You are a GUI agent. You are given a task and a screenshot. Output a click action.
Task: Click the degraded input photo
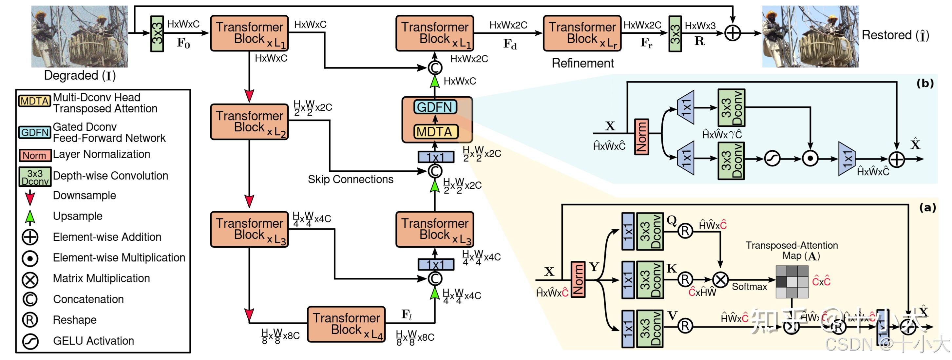click(x=80, y=36)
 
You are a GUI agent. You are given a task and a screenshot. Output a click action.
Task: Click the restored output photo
click(x=810, y=36)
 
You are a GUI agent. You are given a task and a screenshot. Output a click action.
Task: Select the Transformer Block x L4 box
click(x=346, y=324)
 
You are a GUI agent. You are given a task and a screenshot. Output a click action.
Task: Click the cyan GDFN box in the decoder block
click(x=435, y=107)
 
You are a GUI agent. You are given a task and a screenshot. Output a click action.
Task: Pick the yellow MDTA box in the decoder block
click(x=435, y=132)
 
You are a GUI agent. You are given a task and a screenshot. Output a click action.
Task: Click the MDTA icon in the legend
click(x=34, y=101)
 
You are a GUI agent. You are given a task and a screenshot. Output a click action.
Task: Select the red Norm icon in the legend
click(x=34, y=155)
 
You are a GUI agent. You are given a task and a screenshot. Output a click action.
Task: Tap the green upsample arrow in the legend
click(x=30, y=217)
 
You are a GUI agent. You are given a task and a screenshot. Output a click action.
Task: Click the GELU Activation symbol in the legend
click(x=30, y=341)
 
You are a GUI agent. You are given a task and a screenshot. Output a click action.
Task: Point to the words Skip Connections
click(x=350, y=180)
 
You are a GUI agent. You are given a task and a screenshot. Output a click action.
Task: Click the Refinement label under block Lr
click(x=582, y=64)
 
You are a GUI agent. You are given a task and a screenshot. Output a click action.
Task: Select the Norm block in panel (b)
click(x=641, y=136)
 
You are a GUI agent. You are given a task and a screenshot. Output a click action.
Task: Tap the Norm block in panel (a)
click(x=578, y=279)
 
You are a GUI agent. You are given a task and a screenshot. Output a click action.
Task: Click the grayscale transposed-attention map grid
click(x=791, y=282)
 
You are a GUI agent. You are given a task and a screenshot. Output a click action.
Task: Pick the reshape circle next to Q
click(x=685, y=231)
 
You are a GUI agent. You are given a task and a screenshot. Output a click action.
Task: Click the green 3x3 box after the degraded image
click(x=157, y=34)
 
